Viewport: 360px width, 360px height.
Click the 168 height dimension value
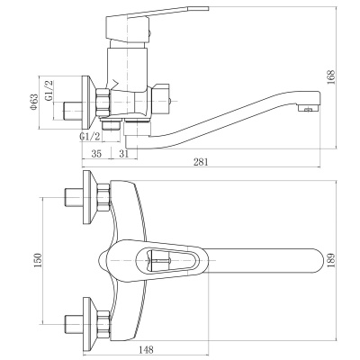pyautogui.click(x=331, y=77)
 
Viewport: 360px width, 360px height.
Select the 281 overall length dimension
pyautogui.click(x=201, y=162)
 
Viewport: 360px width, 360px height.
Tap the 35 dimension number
pyautogui.click(x=96, y=154)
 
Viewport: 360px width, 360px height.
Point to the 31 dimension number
pyautogui.click(x=123, y=154)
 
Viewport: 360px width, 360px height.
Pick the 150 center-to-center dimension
pyautogui.click(x=37, y=261)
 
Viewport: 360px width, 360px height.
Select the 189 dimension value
pyautogui.click(x=331, y=261)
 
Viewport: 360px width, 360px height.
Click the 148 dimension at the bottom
pyautogui.click(x=146, y=349)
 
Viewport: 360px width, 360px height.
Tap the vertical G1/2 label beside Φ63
pyautogui.click(x=49, y=90)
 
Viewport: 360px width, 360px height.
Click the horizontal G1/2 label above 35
pyautogui.click(x=90, y=137)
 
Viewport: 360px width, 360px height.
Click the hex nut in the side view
pyautogui.click(x=103, y=102)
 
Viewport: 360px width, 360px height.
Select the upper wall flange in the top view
pyautogui.click(x=89, y=197)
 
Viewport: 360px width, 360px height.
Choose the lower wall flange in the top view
pyautogui.click(x=89, y=324)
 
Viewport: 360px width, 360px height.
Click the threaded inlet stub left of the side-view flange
pyautogui.click(x=73, y=111)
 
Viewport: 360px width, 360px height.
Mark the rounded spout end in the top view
pyautogui.click(x=317, y=261)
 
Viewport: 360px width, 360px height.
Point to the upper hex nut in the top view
pyautogui.click(x=103, y=197)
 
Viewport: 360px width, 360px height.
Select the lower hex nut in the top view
pyautogui.click(x=103, y=324)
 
